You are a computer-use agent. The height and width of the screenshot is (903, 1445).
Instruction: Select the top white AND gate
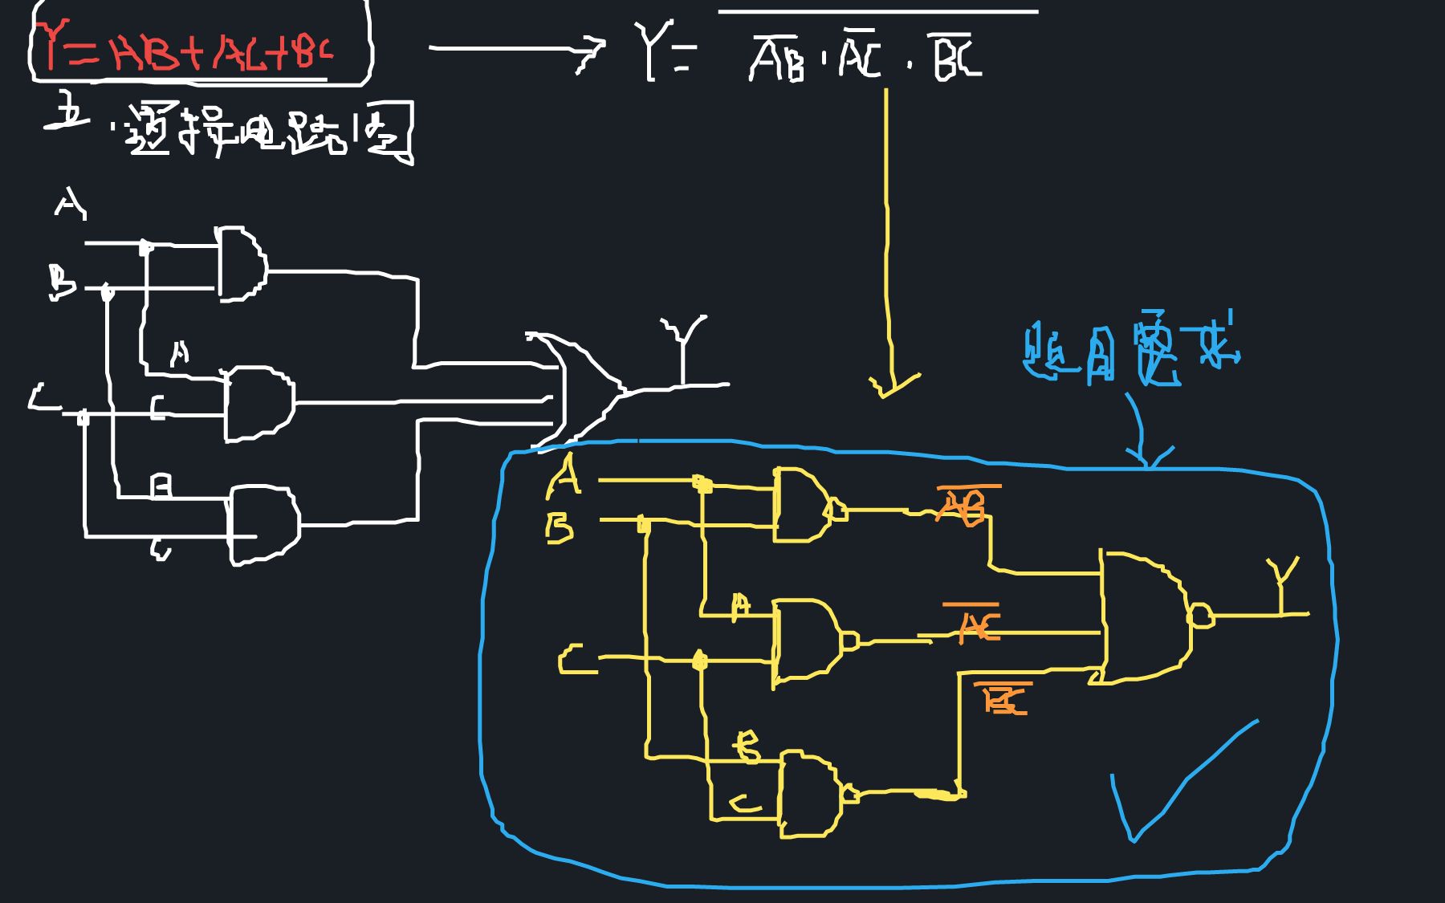click(x=241, y=265)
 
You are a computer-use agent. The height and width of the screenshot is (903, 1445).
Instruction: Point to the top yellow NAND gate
click(x=803, y=506)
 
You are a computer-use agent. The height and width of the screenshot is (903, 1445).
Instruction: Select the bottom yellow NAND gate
click(x=811, y=795)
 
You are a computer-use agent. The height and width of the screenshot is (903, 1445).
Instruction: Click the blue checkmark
click(x=1172, y=787)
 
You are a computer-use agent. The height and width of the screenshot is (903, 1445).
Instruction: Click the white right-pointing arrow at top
click(x=514, y=48)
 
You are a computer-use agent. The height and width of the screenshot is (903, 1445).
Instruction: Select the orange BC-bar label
click(x=1003, y=698)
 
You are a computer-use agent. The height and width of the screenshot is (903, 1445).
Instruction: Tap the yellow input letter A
click(x=564, y=475)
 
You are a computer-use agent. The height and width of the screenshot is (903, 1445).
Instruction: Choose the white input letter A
click(x=70, y=203)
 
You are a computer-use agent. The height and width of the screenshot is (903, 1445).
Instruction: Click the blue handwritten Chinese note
click(x=1132, y=353)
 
